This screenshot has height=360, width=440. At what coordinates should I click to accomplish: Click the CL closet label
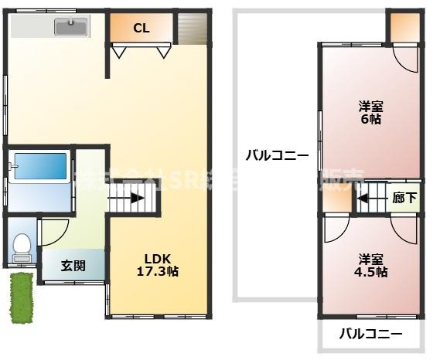(141, 29)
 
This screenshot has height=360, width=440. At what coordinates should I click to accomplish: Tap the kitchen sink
(71, 28)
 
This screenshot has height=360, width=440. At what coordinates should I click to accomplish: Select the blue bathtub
(40, 165)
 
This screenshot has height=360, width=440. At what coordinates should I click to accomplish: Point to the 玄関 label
(73, 267)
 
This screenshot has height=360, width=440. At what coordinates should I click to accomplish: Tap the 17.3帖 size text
(158, 272)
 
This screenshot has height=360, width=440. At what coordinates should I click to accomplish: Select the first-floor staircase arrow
(127, 198)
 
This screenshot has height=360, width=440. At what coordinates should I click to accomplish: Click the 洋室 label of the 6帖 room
(370, 106)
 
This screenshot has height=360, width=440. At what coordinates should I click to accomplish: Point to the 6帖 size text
(370, 120)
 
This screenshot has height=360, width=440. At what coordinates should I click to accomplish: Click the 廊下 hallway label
(404, 199)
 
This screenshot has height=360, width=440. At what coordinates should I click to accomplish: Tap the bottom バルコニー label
(371, 335)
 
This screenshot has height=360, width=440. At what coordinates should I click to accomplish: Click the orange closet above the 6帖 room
(404, 26)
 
